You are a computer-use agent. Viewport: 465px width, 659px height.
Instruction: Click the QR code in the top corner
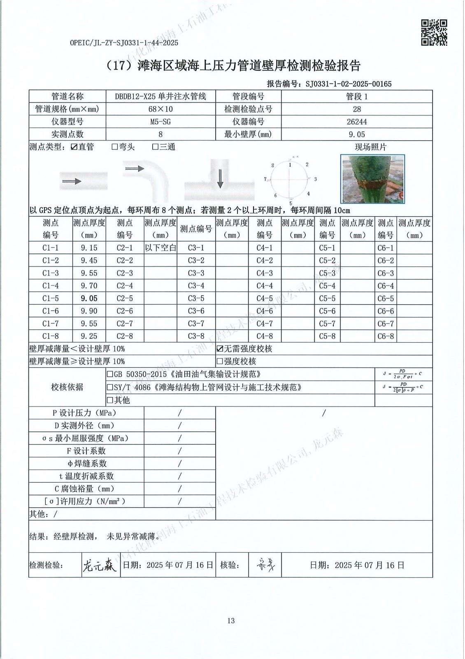coord(434,32)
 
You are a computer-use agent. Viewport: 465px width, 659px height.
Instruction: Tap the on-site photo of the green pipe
coord(373,179)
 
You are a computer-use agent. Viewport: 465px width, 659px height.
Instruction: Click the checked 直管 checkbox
coord(74,147)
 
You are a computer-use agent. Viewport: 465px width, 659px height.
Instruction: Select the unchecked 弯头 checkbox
coord(115,147)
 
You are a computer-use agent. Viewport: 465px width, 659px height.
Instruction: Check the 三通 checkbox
coord(156,147)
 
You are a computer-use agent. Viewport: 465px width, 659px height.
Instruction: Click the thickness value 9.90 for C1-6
coord(89,311)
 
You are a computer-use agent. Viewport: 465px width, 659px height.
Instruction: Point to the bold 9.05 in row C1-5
coord(89,298)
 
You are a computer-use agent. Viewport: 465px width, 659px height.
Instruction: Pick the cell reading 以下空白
coord(160,248)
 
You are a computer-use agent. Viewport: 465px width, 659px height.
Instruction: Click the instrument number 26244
coord(357,122)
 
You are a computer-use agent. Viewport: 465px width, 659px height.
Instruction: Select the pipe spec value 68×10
coord(160,109)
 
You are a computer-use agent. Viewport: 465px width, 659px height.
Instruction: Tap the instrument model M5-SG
coord(160,122)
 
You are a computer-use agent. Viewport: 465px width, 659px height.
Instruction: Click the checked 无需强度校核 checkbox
coord(220,349)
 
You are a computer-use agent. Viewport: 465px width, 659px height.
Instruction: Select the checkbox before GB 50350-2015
coord(110,374)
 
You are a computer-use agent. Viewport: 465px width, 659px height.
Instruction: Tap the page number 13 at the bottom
coord(231,621)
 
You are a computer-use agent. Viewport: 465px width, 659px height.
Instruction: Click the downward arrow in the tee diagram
coord(220,178)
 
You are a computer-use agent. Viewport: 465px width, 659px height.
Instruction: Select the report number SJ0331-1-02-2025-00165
coord(349,84)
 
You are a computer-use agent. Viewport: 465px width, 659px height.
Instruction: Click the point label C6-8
coord(386,336)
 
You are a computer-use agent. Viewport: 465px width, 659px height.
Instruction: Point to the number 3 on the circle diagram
coord(315,179)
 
